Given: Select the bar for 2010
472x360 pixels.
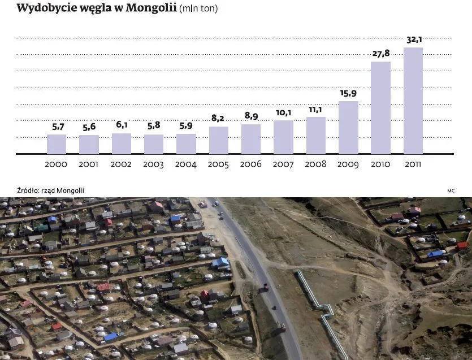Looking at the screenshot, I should point(380,107).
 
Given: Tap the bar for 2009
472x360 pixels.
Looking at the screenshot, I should point(348,127).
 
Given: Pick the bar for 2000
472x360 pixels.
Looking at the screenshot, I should point(57,144).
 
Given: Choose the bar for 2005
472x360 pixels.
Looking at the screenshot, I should point(219,140).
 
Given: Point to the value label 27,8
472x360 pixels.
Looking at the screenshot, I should point(381,54).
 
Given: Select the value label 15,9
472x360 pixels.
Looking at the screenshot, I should point(348,93).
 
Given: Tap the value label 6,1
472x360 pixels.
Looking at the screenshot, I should point(122,125).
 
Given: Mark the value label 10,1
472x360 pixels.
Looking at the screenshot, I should point(284,112).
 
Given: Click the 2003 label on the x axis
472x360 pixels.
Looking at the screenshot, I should point(154,164).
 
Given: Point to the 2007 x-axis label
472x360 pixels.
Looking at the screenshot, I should point(283,164).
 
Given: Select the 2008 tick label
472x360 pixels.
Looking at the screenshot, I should point(315,164).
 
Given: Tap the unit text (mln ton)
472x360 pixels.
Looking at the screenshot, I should point(198,8).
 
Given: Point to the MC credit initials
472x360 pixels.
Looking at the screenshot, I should point(451,191).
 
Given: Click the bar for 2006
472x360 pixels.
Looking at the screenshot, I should point(251,139).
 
